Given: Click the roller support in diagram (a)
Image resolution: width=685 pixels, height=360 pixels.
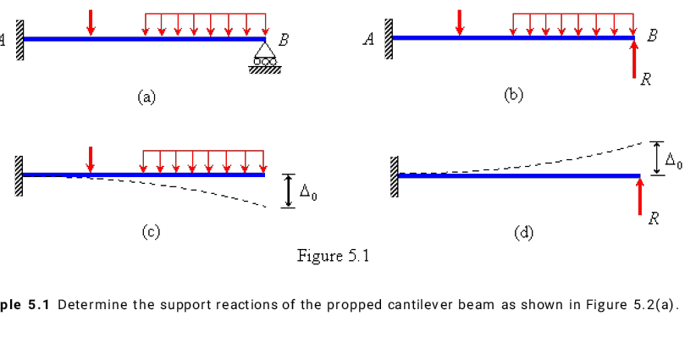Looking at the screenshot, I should click(x=265, y=58).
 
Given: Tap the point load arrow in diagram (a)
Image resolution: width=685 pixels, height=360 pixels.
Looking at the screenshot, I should click(x=91, y=23).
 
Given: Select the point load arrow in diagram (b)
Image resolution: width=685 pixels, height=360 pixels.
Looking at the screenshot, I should click(x=460, y=23).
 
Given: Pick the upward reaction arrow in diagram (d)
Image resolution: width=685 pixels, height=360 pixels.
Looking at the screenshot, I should click(x=641, y=195).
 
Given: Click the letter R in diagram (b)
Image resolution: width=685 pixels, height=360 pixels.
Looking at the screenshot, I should click(x=646, y=81).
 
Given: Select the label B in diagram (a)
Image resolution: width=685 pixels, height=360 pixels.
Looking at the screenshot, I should click(x=284, y=39).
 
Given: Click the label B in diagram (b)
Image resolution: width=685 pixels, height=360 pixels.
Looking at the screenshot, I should click(x=651, y=36).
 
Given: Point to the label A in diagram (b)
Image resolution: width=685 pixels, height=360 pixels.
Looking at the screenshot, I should click(x=369, y=39).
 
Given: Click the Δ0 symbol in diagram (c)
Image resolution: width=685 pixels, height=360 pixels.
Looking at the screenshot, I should click(x=309, y=195).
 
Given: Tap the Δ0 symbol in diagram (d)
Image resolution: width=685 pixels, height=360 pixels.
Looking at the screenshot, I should click(x=673, y=159).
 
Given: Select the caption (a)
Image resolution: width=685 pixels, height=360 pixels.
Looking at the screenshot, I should click(x=146, y=97).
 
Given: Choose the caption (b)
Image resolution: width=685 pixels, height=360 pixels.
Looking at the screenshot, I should click(x=514, y=95).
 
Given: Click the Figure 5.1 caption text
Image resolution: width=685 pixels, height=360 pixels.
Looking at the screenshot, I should click(x=334, y=256).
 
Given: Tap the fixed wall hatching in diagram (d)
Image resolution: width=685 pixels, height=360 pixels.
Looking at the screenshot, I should click(x=393, y=176).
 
